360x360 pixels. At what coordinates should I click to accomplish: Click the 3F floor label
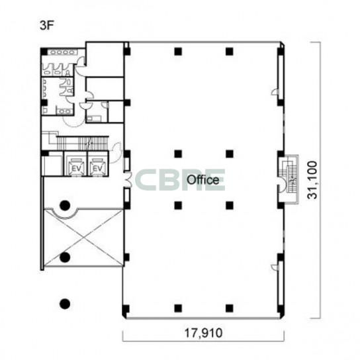pyautogui.click(x=46, y=26)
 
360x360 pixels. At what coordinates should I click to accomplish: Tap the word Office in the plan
pyautogui.click(x=202, y=180)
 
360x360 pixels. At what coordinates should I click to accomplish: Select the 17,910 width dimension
pyautogui.click(x=203, y=333)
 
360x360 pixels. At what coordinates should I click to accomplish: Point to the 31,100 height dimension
pyautogui.click(x=312, y=180)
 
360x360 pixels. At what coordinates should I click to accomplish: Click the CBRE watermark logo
pyautogui.click(x=179, y=180)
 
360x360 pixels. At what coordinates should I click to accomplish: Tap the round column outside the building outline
pyautogui.click(x=65, y=304)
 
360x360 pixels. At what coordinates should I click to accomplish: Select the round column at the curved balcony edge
pyautogui.click(x=65, y=206)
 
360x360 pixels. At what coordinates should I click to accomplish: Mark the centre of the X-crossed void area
pyautogui.click(x=84, y=238)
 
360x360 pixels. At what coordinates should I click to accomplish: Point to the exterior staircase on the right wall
pyautogui.click(x=290, y=179)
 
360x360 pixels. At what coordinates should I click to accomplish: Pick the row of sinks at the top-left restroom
pyautogui.click(x=62, y=52)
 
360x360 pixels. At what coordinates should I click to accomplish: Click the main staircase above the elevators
pyautogui.click(x=82, y=143)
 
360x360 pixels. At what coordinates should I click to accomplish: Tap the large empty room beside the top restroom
pyautogui.click(x=105, y=60)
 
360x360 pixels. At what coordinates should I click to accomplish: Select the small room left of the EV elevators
pyautogui.click(x=53, y=164)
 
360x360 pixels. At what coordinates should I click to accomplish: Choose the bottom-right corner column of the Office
pyautogui.click(x=281, y=309)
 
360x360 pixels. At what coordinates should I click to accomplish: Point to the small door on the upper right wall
pyautogui.click(x=275, y=92)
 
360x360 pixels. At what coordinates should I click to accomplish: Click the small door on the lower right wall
pyautogui.click(x=275, y=267)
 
